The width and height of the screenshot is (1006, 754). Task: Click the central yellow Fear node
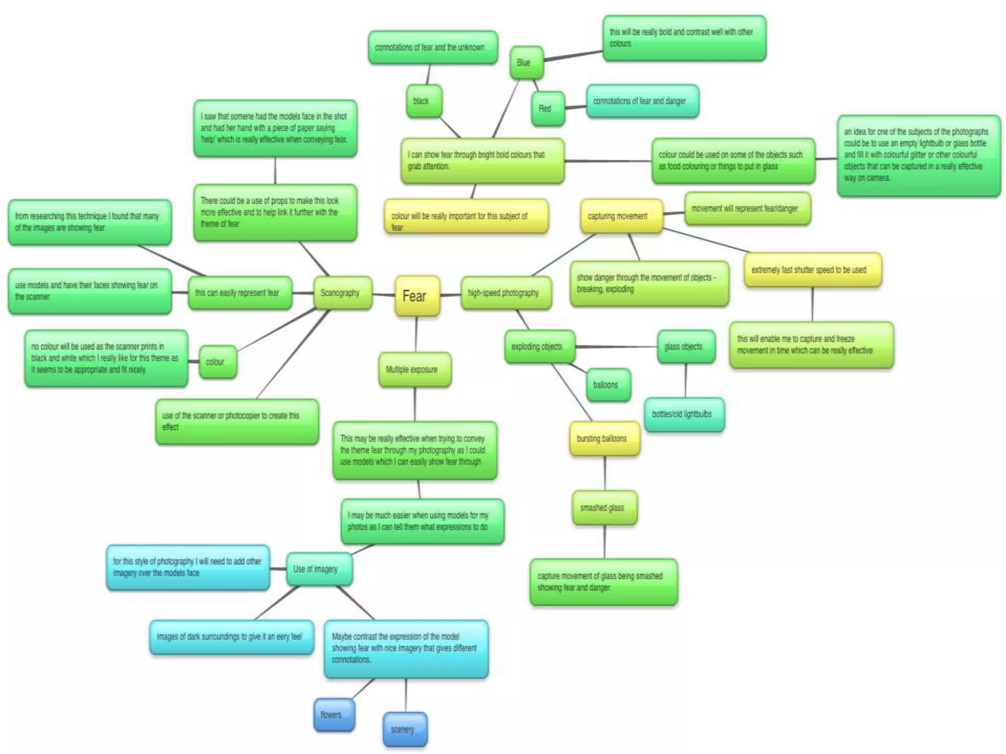[417, 296]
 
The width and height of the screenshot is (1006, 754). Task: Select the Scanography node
[342, 293]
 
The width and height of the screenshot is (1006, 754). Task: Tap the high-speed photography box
[505, 293]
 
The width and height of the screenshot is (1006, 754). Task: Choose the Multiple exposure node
[414, 370]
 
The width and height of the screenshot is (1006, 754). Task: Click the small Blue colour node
[526, 62]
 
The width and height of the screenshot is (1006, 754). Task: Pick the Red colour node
[547, 108]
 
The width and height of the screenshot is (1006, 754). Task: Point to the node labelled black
[423, 101]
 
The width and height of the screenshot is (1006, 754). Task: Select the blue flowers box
[334, 715]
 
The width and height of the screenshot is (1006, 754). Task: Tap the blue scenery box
[405, 729]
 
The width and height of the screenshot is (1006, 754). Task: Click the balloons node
[608, 385]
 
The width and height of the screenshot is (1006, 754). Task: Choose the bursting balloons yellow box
[604, 438]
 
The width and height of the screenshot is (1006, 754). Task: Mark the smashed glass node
[604, 508]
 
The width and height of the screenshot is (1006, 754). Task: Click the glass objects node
[686, 347]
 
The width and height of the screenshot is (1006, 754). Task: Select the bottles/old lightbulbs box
[684, 414]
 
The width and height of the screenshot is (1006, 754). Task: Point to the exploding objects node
[539, 347]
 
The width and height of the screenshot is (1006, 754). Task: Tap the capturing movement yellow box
[620, 216]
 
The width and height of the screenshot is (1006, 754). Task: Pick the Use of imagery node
[318, 569]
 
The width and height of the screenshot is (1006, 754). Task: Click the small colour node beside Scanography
[217, 362]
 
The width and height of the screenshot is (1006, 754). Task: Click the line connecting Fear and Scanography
[384, 295]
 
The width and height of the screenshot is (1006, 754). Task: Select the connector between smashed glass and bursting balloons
[605, 473]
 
